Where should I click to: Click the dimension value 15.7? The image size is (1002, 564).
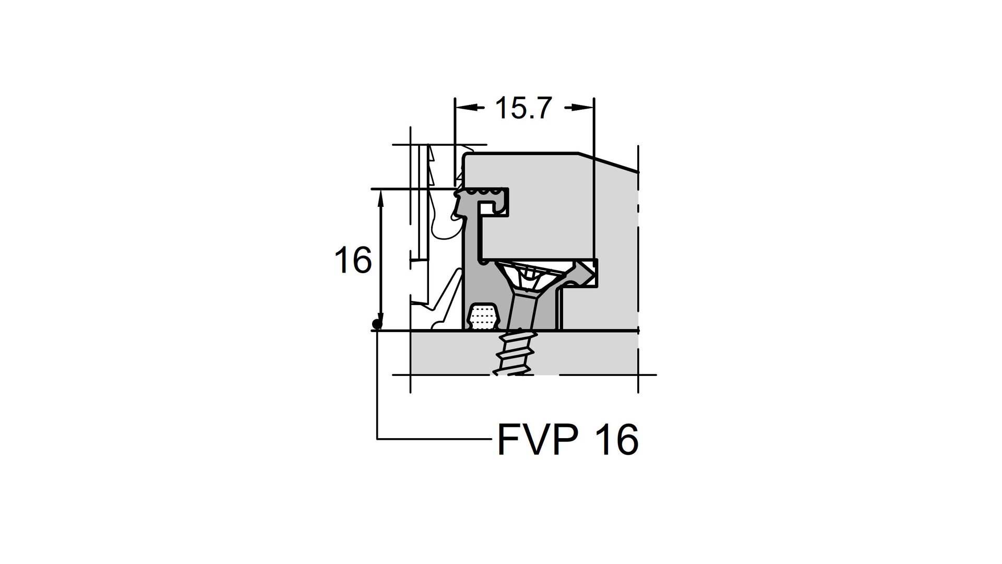click(523, 108)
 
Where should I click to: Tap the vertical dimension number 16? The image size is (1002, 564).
click(353, 260)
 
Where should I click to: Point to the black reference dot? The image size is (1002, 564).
click(376, 324)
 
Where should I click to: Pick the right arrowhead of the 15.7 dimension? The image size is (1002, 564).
click(582, 108)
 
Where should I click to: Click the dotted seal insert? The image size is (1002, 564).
click(483, 316)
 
